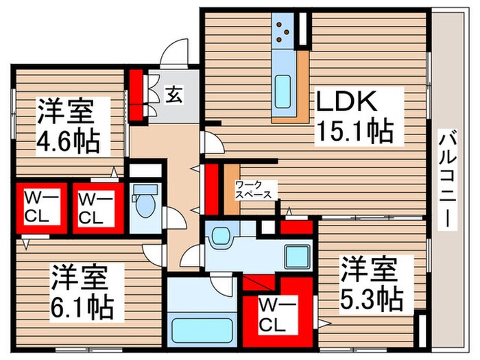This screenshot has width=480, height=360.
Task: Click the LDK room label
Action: (346, 103)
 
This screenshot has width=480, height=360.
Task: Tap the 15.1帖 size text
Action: (355, 130)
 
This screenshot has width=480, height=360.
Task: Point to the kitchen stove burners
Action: (282, 31)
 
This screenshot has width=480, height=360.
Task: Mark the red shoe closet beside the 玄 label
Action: (136, 95)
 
